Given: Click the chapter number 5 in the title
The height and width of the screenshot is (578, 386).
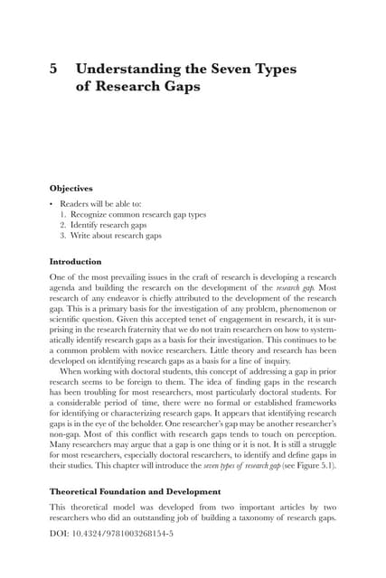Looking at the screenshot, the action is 53,67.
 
